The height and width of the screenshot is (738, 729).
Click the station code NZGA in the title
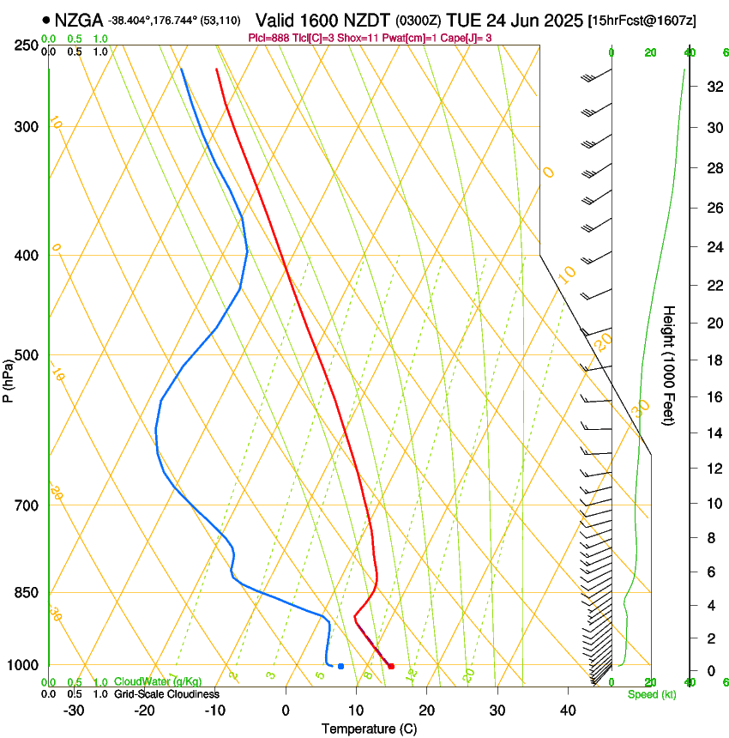[x=79, y=20]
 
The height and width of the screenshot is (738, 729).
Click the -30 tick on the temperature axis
[x=74, y=711]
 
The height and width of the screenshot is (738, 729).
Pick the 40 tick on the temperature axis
[x=568, y=711]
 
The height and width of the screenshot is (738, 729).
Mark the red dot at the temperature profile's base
[x=391, y=666]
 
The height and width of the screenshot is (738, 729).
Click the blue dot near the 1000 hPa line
[x=340, y=666]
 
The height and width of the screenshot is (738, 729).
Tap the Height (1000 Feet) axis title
[x=670, y=366]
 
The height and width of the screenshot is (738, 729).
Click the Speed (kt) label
[x=651, y=694]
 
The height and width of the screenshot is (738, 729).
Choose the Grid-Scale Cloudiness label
[x=166, y=694]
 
